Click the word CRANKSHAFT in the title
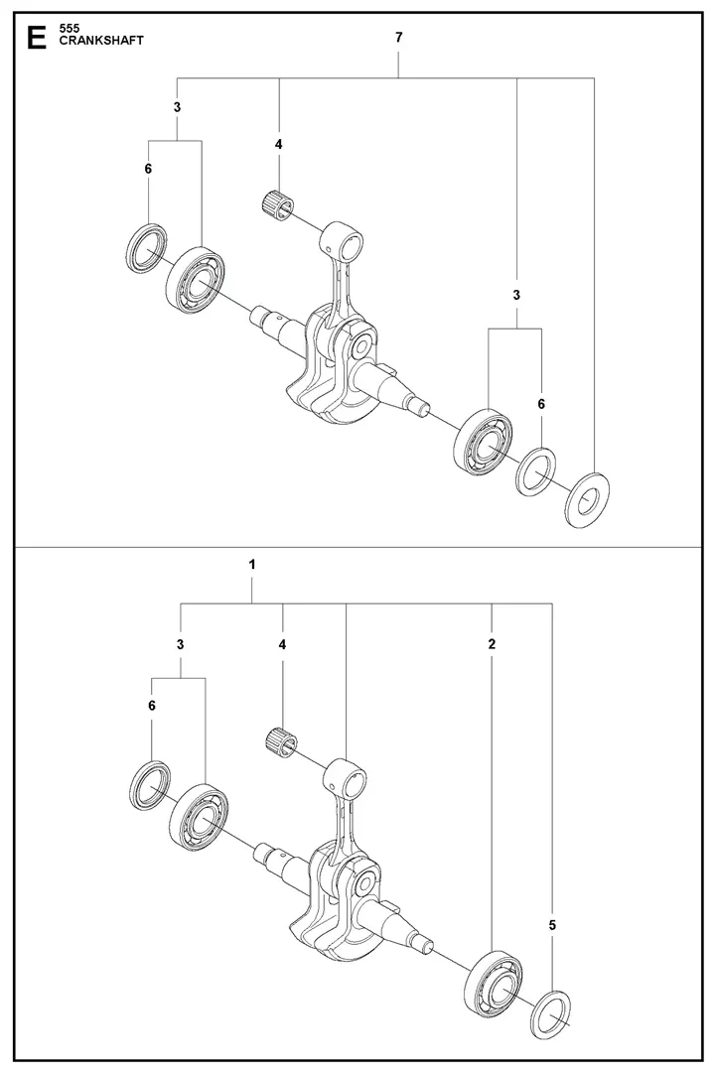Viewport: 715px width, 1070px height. point(87,42)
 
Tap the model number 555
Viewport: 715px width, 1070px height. point(69,29)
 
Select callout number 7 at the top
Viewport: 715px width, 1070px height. point(398,37)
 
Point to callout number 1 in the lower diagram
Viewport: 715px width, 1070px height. point(252,564)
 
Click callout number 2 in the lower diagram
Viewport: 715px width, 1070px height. point(493,644)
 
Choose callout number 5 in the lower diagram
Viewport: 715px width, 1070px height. point(552,925)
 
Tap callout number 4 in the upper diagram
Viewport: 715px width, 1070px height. point(279,144)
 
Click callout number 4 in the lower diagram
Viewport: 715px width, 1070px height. point(283,644)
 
